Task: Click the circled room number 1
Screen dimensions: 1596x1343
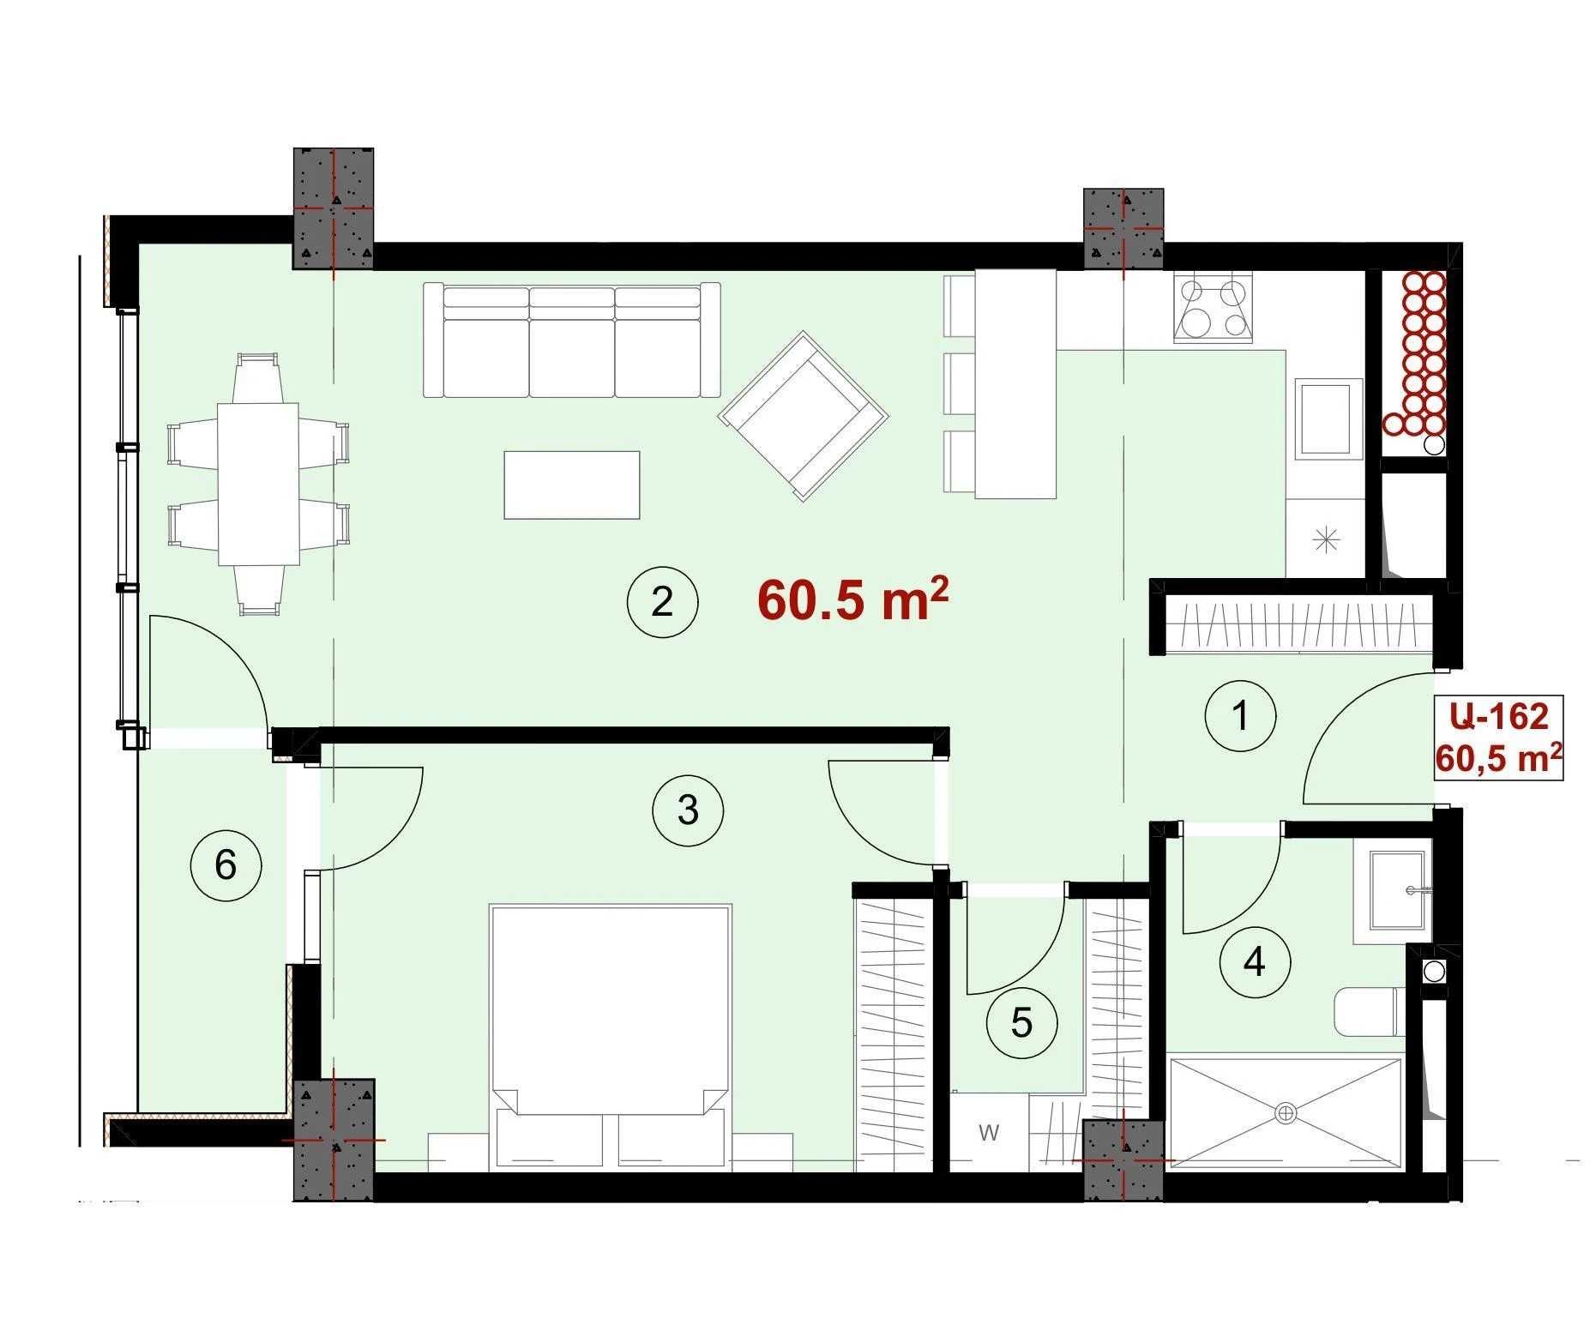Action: pyautogui.click(x=1240, y=715)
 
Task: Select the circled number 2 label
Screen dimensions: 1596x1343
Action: pyautogui.click(x=662, y=602)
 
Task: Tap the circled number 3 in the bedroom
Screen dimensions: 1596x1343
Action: pyautogui.click(x=688, y=810)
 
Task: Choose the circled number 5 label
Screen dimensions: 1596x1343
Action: pyautogui.click(x=1021, y=1022)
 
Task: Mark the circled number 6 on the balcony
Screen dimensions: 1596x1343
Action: pyautogui.click(x=226, y=864)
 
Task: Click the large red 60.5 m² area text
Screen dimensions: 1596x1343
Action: pyautogui.click(x=853, y=599)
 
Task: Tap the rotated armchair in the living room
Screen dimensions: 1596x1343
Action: pyautogui.click(x=804, y=416)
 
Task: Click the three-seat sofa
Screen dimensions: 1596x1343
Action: pyautogui.click(x=572, y=340)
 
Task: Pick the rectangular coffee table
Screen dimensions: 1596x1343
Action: pyautogui.click(x=572, y=485)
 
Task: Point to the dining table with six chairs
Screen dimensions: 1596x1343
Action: pyautogui.click(x=258, y=484)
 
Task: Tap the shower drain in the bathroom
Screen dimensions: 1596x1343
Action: pyautogui.click(x=1286, y=1113)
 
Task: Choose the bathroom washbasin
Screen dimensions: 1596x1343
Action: pyautogui.click(x=1394, y=891)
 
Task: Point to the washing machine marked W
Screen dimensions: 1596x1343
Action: pyautogui.click(x=989, y=1132)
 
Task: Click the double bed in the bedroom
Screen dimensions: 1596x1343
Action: pyautogui.click(x=610, y=1037)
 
